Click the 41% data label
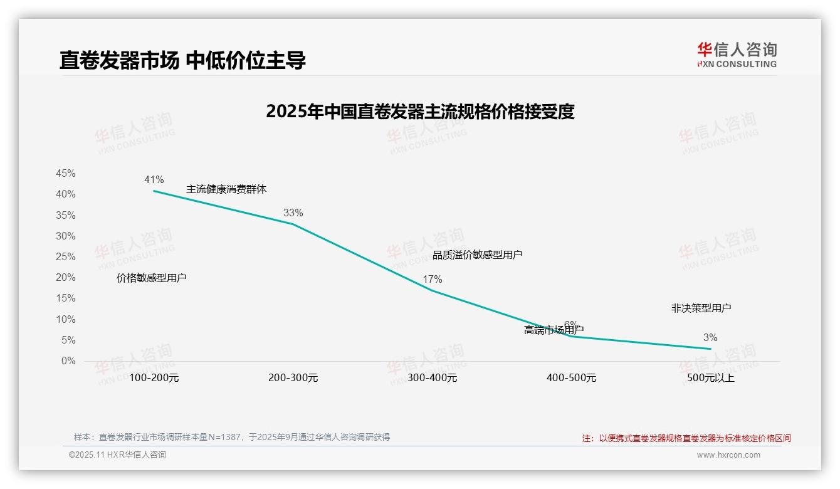(x=154, y=180)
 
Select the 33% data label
(x=293, y=213)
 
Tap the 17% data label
(x=432, y=280)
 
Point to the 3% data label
(x=710, y=338)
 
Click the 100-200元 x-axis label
(x=154, y=378)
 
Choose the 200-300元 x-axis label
(x=293, y=378)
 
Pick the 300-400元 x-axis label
(x=432, y=378)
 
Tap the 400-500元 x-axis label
(x=571, y=378)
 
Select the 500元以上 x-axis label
(x=710, y=378)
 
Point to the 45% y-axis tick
(x=66, y=174)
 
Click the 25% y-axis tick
(x=66, y=257)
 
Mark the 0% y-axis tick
(x=68, y=361)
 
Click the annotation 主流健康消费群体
(x=226, y=189)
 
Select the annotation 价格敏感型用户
(x=151, y=278)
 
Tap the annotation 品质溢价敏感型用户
(x=477, y=255)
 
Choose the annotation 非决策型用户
(x=701, y=308)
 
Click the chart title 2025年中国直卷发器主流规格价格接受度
(x=420, y=112)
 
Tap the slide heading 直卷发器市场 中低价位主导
(x=182, y=60)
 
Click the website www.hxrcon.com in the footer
(x=728, y=455)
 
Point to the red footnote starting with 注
(x=686, y=438)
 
